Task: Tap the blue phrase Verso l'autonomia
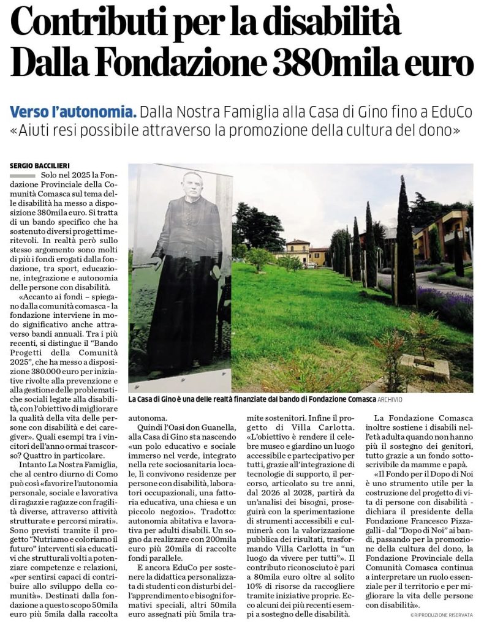tap(73, 113)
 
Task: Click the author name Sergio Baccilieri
tap(39, 165)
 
